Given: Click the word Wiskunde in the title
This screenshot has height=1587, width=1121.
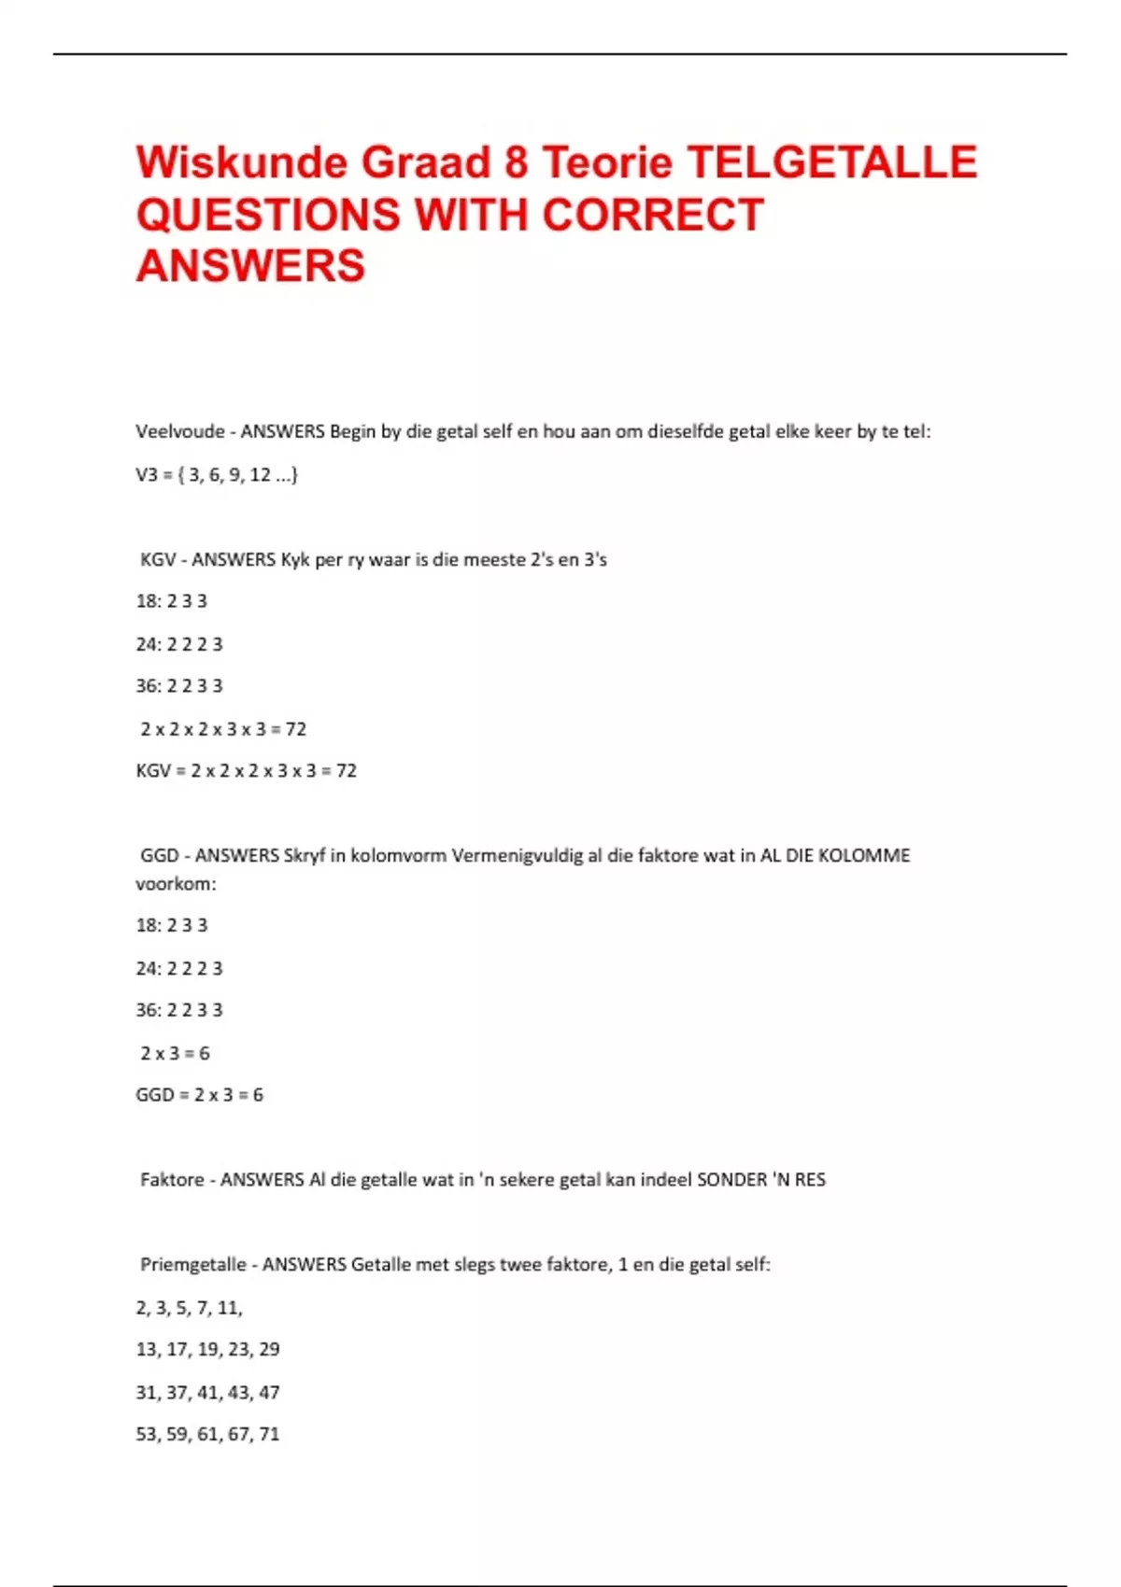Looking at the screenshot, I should pyautogui.click(x=242, y=162).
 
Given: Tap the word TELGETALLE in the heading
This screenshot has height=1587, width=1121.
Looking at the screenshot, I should pyautogui.click(x=832, y=162).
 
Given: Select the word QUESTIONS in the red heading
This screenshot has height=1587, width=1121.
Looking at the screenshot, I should pyautogui.click(x=267, y=215).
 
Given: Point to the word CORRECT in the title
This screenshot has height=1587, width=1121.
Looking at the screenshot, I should pyautogui.click(x=653, y=215).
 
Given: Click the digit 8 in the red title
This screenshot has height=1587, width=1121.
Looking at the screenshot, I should pyautogui.click(x=516, y=162).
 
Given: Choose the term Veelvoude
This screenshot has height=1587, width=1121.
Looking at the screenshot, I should pyautogui.click(x=180, y=431).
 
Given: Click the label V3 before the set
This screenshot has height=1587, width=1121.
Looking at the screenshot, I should pyautogui.click(x=147, y=475).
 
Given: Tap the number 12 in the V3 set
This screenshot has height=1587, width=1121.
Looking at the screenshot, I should pyautogui.click(x=260, y=475).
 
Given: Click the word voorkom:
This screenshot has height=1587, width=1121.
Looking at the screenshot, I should pyautogui.click(x=176, y=884).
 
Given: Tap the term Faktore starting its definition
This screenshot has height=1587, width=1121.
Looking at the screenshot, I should pyautogui.click(x=172, y=1180).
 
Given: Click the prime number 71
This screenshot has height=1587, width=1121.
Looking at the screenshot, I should pyautogui.click(x=269, y=1435).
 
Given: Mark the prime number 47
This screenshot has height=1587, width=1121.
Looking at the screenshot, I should pyautogui.click(x=269, y=1393).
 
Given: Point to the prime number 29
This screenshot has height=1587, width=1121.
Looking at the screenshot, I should pyautogui.click(x=269, y=1350).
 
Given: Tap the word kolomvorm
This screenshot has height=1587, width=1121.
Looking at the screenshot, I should pyautogui.click(x=398, y=856).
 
